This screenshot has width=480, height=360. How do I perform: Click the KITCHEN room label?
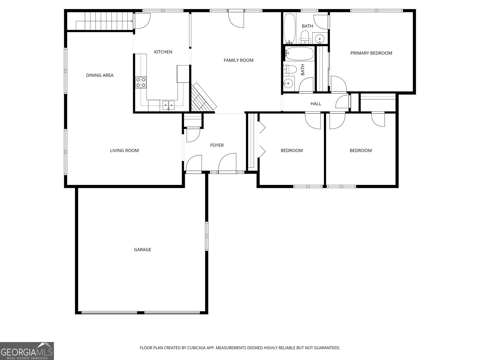pos(163,52)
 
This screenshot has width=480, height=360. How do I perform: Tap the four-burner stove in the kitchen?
pos(141,82)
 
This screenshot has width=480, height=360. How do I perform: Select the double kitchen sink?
pos(169,104)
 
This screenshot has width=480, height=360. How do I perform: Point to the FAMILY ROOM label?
pos(238,60)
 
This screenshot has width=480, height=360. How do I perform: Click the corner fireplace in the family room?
pos(203,97)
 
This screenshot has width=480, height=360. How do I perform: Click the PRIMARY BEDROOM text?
pos(371,53)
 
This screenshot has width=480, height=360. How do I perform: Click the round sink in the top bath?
pos(320,38)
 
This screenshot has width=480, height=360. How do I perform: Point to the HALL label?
pos(316,104)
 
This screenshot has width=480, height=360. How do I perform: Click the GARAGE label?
pos(142,250)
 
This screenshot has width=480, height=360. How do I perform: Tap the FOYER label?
pos(217,145)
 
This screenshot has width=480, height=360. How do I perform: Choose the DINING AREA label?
pos(100,75)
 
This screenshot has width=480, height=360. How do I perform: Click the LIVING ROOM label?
pos(124,151)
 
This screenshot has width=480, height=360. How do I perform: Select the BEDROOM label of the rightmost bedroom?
pos(361,151)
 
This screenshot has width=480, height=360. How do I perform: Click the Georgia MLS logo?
pos(27,351)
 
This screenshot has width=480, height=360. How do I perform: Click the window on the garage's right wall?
pos(206,236)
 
